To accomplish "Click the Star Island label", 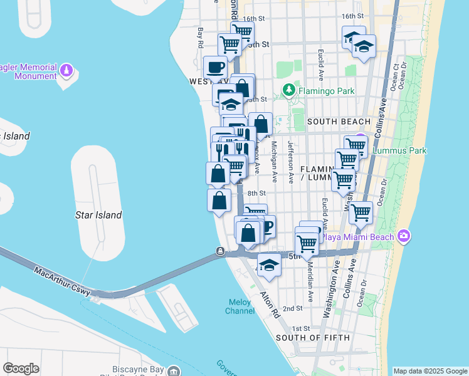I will click(98, 215).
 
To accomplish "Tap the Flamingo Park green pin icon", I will click(288, 90).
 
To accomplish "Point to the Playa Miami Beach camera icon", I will click(404, 236).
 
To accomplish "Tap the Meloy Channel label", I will click(240, 306).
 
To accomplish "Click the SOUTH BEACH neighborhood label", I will click(339, 121).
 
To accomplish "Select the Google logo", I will click(21, 368).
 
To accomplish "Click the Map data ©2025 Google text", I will click(430, 371).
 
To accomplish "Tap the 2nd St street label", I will click(292, 308).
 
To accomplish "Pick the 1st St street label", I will click(301, 328).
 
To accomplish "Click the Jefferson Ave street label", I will click(290, 161).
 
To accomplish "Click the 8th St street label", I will click(256, 194).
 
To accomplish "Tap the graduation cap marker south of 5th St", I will click(269, 265).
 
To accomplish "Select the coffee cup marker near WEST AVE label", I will click(216, 67).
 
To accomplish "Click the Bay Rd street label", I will click(201, 38).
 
